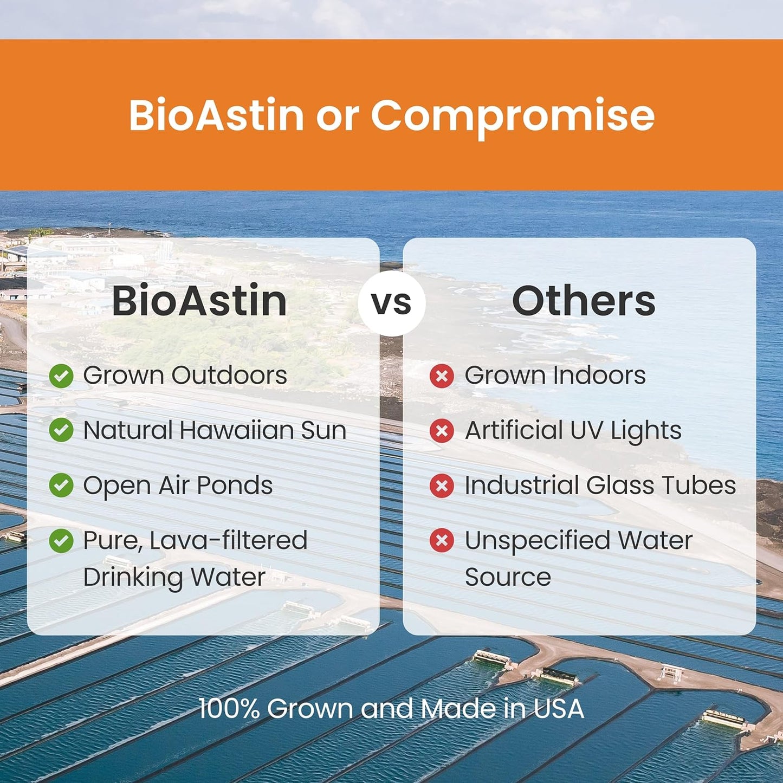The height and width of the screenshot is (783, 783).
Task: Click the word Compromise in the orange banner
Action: pyautogui.click(x=512, y=115)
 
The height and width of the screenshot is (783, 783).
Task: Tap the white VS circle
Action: pyautogui.click(x=391, y=302)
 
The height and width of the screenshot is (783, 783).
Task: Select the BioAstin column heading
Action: pyautogui.click(x=199, y=301)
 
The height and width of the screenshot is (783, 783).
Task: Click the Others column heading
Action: pyautogui.click(x=583, y=301)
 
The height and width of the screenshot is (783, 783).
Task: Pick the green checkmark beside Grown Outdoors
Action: pyautogui.click(x=61, y=376)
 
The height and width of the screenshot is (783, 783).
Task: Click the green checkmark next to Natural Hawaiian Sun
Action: pyautogui.click(x=61, y=430)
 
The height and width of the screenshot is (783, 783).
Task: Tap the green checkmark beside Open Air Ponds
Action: pyautogui.click(x=61, y=485)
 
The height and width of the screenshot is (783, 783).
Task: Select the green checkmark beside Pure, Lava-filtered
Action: pyautogui.click(x=61, y=540)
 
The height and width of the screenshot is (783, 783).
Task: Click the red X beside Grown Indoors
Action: pyautogui.click(x=442, y=376)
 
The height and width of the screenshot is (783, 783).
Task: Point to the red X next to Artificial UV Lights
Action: pyautogui.click(x=442, y=431)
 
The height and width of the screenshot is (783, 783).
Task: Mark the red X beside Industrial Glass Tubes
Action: pyautogui.click(x=442, y=486)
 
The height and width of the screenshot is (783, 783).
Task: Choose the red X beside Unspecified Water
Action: pyautogui.click(x=442, y=540)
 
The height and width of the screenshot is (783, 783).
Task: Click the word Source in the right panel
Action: pyautogui.click(x=508, y=577)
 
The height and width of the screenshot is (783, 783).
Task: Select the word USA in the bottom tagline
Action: pyautogui.click(x=559, y=709)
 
